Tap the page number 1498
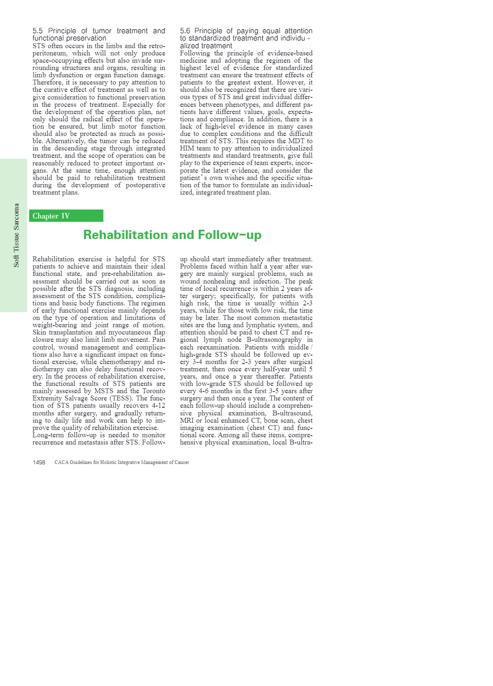tap(39, 462)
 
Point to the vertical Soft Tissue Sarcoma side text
tap(16, 235)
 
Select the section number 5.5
tap(38, 31)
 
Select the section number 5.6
tap(185, 31)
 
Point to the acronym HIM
tap(187, 148)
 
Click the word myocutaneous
tap(130, 332)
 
